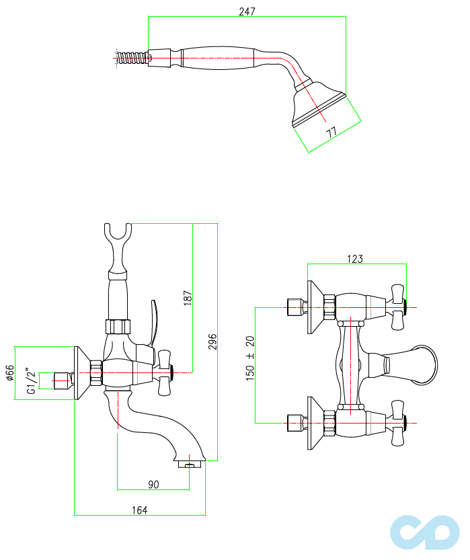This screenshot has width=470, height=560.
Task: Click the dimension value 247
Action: tap(247, 11)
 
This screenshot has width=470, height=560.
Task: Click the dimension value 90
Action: tap(153, 483)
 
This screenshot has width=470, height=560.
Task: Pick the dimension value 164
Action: tap(139, 510)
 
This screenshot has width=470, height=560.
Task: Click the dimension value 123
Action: tap(355, 259)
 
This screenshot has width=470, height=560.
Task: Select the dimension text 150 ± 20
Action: tap(250, 358)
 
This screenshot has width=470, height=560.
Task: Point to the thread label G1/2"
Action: tap(30, 381)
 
